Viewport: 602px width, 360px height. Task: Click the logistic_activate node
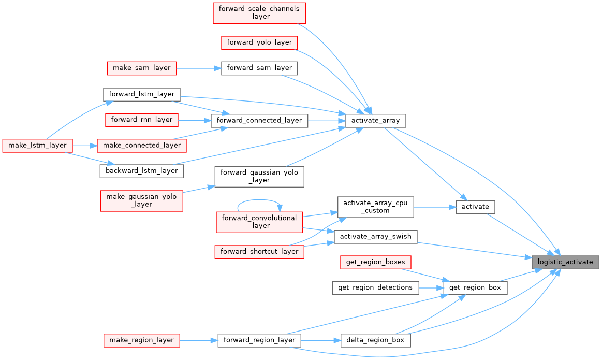[x=565, y=262]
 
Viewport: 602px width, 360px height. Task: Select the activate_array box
[x=375, y=121]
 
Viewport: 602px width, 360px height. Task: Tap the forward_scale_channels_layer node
[x=259, y=13]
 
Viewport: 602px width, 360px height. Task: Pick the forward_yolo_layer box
[x=259, y=42]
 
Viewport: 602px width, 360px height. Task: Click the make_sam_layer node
[x=142, y=68]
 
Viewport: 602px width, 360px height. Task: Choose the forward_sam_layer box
[x=259, y=68]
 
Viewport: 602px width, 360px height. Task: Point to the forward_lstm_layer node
[x=141, y=94]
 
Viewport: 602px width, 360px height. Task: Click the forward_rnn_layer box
[x=142, y=120]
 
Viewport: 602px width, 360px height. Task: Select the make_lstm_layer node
[x=37, y=145]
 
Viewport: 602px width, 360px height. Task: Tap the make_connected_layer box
[x=142, y=145]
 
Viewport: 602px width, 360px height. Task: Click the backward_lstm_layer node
[x=141, y=170]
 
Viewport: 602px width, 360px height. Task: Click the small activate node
[x=475, y=207]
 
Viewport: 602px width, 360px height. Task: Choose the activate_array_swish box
[x=375, y=237]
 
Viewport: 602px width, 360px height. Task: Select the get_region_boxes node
[x=375, y=262]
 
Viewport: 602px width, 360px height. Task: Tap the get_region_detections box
[x=375, y=287]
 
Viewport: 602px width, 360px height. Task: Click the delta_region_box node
[x=375, y=340]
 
